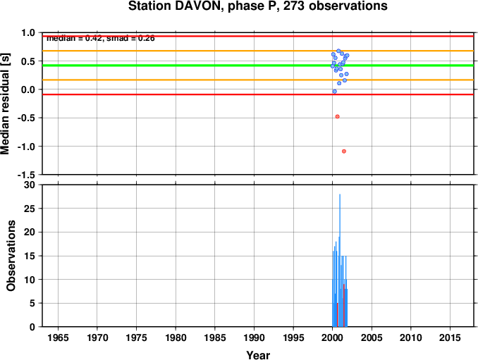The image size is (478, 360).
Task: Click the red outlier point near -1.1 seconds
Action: pos(344,151)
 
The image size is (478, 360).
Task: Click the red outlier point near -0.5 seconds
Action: pos(337,117)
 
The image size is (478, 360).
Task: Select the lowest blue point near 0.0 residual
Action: pos(334,92)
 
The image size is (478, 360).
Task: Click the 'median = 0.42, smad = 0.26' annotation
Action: pos(101,38)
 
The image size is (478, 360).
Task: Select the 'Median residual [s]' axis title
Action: pos(5,104)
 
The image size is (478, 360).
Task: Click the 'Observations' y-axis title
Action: pos(11,256)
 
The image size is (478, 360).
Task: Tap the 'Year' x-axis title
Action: pos(258,355)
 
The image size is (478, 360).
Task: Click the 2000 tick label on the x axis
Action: pos(332,337)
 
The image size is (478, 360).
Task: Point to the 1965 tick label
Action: pos(58,337)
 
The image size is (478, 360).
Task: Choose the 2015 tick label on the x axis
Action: pos(450,337)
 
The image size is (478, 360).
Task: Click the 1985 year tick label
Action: pos(215,337)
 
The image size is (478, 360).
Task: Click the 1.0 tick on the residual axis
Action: pos(29,32)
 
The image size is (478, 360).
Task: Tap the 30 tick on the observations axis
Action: pos(29,185)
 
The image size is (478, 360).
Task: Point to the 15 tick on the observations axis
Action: pos(30,256)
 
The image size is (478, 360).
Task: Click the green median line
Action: pos(259,66)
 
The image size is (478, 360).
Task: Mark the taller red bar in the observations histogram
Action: pos(344,306)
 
